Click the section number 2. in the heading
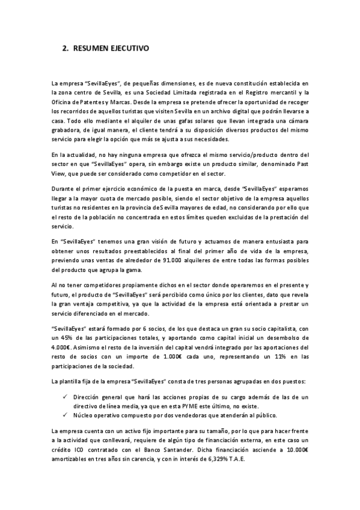[x=66, y=48]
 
